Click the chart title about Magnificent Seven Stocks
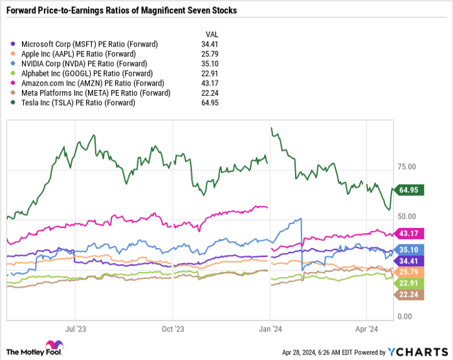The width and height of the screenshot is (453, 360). click(x=121, y=11)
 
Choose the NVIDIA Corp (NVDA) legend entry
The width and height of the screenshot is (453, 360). click(x=80, y=63)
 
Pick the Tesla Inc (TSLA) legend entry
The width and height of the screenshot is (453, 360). click(x=74, y=102)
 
